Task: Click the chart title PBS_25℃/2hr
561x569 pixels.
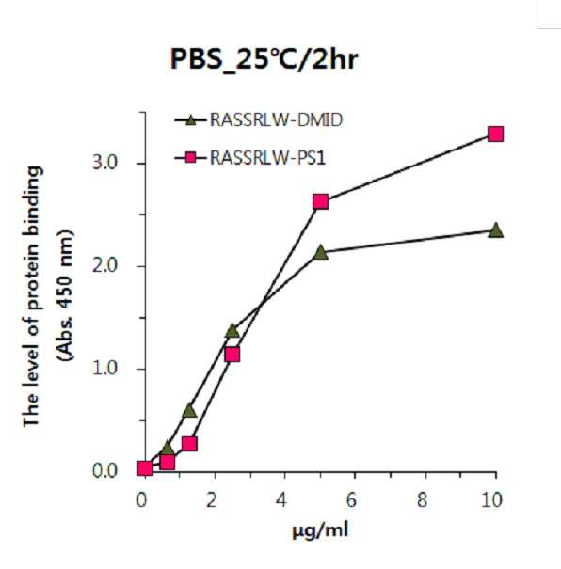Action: pyautogui.click(x=264, y=59)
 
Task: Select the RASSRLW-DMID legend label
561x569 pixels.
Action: pyautogui.click(x=277, y=119)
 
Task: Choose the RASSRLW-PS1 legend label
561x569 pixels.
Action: pyautogui.click(x=268, y=158)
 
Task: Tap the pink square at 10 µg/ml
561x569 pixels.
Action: pyautogui.click(x=496, y=134)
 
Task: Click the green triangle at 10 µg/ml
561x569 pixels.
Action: pyautogui.click(x=496, y=230)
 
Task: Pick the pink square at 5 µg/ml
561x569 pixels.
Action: pyautogui.click(x=321, y=201)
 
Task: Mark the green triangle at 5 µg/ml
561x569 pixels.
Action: pyautogui.click(x=321, y=251)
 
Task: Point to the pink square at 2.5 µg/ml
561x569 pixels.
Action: pyautogui.click(x=232, y=355)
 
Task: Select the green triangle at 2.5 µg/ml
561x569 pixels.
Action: pyautogui.click(x=232, y=330)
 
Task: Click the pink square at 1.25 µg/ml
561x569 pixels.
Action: pyautogui.click(x=189, y=443)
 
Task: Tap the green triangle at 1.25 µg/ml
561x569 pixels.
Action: pyautogui.click(x=189, y=410)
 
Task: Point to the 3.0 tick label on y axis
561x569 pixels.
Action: pyautogui.click(x=104, y=163)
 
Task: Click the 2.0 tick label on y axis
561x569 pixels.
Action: pyautogui.click(x=104, y=265)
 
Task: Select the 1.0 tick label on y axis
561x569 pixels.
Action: pyautogui.click(x=104, y=369)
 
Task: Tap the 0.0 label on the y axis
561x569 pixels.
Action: pyautogui.click(x=104, y=471)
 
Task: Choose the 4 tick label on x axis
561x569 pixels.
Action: pyautogui.click(x=281, y=500)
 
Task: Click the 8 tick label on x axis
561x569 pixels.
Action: pyautogui.click(x=422, y=500)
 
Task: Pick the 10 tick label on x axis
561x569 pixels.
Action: pyautogui.click(x=492, y=500)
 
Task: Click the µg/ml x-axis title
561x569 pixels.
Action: pyautogui.click(x=320, y=530)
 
